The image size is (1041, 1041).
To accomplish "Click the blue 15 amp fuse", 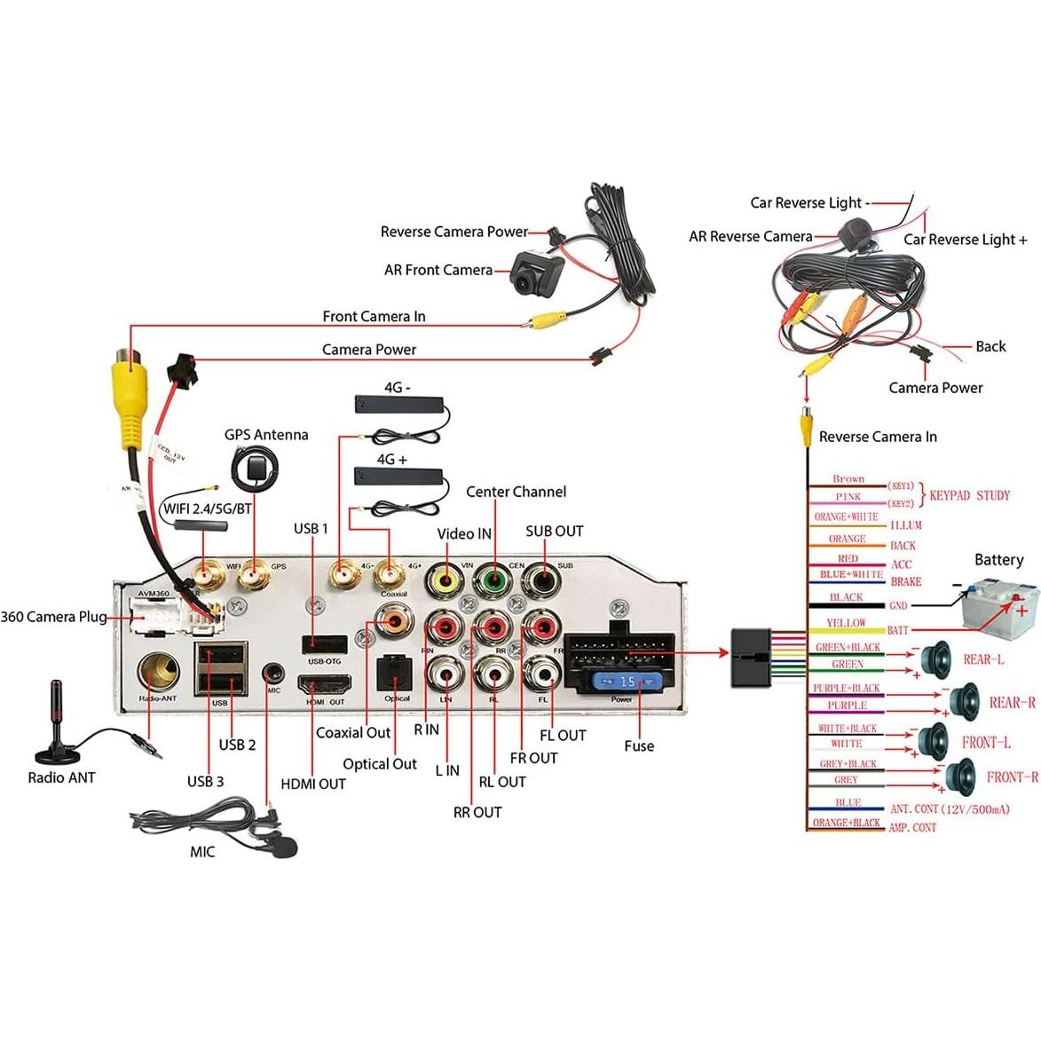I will click(627, 682).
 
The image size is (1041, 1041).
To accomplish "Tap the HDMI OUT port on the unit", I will click(324, 685).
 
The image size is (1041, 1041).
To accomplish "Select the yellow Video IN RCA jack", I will click(446, 582).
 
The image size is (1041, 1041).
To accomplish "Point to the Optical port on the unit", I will click(395, 674).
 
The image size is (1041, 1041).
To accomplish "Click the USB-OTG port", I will click(324, 643).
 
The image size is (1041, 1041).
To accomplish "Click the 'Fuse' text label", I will click(639, 746).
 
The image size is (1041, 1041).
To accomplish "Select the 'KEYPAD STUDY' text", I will click(969, 495).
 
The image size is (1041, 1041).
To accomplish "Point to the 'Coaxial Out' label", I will click(353, 733).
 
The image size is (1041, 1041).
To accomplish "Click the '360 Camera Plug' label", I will click(53, 617).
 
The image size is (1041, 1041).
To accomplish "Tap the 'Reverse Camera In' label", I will click(878, 437).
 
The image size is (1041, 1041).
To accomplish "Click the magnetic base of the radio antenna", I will click(57, 755).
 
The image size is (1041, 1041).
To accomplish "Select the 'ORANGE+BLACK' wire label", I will click(847, 824).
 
